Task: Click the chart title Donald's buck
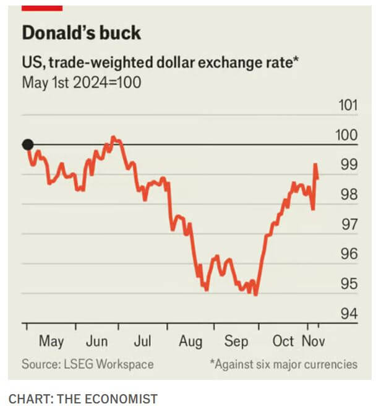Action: click(x=81, y=33)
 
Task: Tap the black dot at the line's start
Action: click(x=27, y=145)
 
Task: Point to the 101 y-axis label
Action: click(x=348, y=105)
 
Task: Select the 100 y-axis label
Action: click(x=348, y=135)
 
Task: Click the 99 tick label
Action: click(x=349, y=165)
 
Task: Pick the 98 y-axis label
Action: click(x=349, y=195)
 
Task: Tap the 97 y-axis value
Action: click(x=349, y=225)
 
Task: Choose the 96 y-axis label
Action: click(x=349, y=254)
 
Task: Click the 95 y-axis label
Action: click(x=349, y=284)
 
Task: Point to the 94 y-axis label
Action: click(x=349, y=314)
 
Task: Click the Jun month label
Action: click(x=97, y=341)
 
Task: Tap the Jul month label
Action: click(x=143, y=341)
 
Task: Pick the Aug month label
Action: click(x=190, y=341)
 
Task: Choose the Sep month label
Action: click(x=236, y=341)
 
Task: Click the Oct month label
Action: click(x=283, y=341)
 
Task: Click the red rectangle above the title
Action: click(x=42, y=7)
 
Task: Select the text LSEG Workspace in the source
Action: click(x=111, y=364)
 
